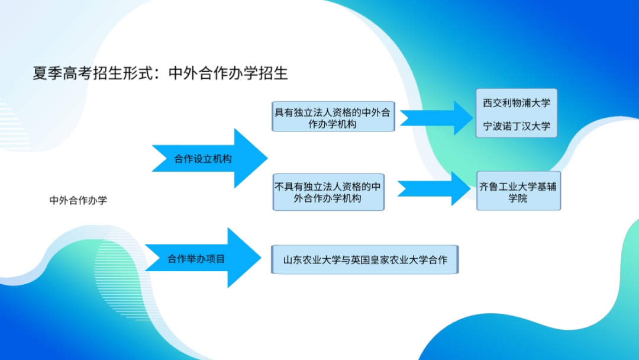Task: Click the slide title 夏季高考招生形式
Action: click(x=95, y=73)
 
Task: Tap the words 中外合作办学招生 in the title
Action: click(x=228, y=73)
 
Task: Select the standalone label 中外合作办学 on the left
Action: click(x=78, y=200)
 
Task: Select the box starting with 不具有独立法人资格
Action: click(x=328, y=192)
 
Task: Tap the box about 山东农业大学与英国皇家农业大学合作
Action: click(x=364, y=260)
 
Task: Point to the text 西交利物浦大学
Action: click(x=517, y=103)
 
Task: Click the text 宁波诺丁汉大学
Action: click(x=517, y=126)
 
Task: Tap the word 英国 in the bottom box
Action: click(x=360, y=260)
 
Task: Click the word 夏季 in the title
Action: click(x=47, y=73)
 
